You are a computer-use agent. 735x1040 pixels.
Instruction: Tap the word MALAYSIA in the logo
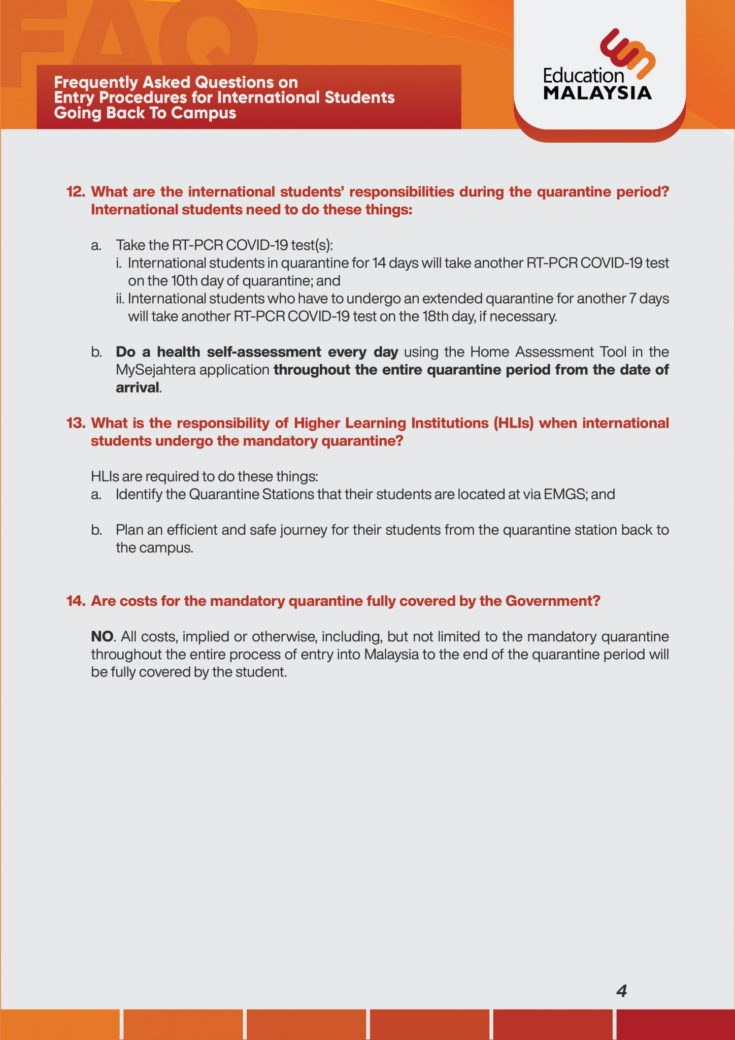[x=597, y=93]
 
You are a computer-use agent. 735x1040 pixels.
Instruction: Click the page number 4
[x=621, y=990]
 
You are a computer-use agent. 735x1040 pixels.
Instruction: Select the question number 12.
[x=76, y=192]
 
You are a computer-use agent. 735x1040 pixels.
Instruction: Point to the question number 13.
[x=76, y=423]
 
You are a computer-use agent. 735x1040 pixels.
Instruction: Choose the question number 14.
[x=76, y=601]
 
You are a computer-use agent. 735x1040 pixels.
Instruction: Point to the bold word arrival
[x=138, y=387]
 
